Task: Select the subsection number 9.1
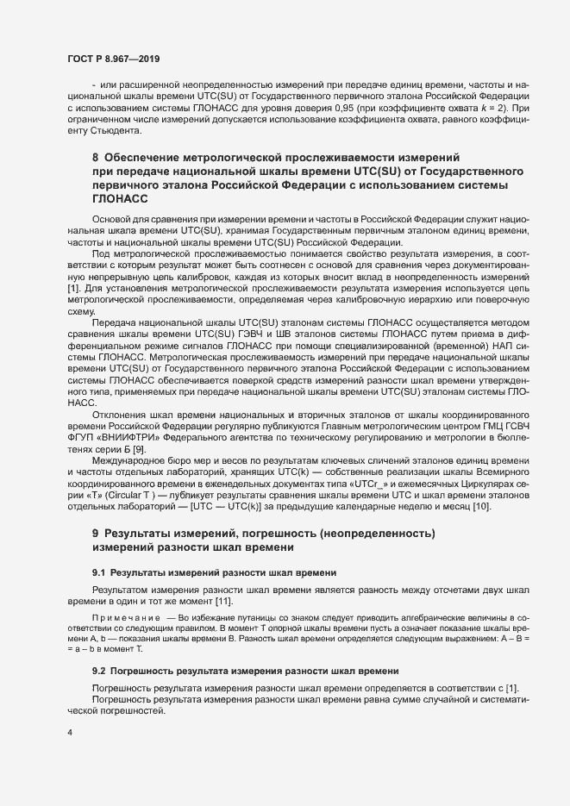pyautogui.click(x=99, y=572)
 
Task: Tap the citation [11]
pyautogui.click(x=225, y=600)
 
